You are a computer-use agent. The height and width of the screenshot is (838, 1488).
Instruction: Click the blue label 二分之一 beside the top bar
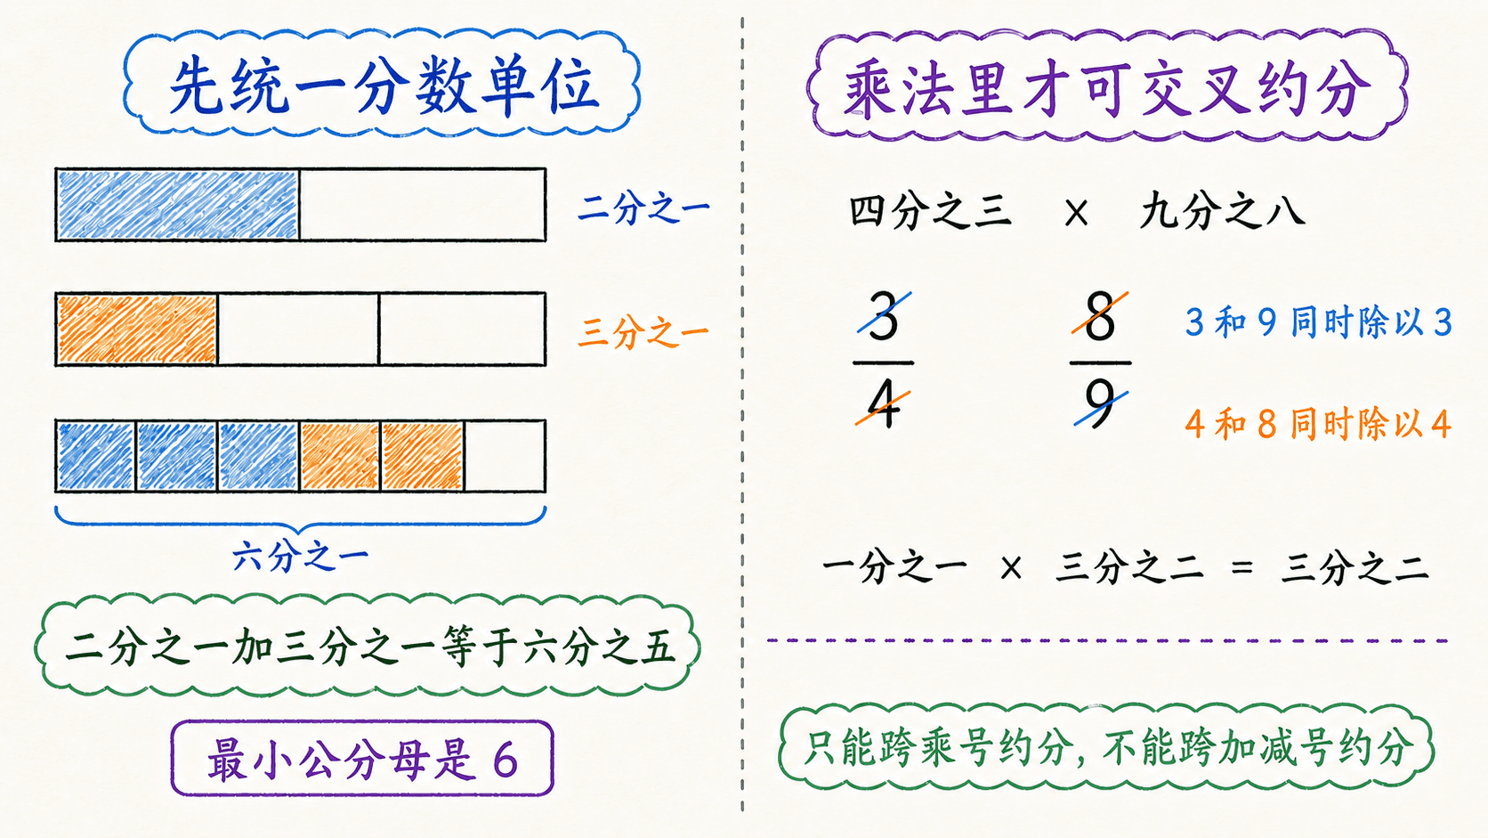[643, 208]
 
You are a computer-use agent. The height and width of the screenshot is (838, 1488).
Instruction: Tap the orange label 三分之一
[643, 331]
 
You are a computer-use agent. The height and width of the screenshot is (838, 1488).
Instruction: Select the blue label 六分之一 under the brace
[300, 557]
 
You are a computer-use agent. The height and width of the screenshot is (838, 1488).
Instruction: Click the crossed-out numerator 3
[883, 316]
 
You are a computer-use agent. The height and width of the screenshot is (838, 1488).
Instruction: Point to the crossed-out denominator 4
[883, 406]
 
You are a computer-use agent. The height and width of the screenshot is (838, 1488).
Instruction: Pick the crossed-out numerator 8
[1100, 316]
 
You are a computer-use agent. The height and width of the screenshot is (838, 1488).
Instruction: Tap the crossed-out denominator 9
[1100, 404]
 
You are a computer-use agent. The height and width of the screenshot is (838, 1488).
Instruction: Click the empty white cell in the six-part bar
[505, 456]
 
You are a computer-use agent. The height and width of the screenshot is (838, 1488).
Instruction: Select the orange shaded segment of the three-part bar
[137, 330]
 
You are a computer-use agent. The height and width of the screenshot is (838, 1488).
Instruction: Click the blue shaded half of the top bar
[177, 205]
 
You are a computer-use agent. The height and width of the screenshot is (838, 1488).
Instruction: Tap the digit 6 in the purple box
[505, 760]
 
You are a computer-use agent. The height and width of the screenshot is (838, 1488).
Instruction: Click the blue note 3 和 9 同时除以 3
[1318, 322]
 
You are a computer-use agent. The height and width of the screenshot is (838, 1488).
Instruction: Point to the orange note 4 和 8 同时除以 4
[1318, 423]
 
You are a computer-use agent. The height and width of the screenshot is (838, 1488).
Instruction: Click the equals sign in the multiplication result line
[1241, 568]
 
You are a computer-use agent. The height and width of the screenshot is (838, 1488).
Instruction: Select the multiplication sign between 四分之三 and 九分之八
[1076, 214]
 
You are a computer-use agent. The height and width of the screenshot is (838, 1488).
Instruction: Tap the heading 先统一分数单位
[384, 86]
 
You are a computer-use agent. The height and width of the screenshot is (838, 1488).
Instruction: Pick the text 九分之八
[1222, 212]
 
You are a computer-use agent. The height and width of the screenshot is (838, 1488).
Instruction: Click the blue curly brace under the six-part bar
[300, 519]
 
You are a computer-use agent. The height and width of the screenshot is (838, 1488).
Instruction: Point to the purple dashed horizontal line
[1107, 641]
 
